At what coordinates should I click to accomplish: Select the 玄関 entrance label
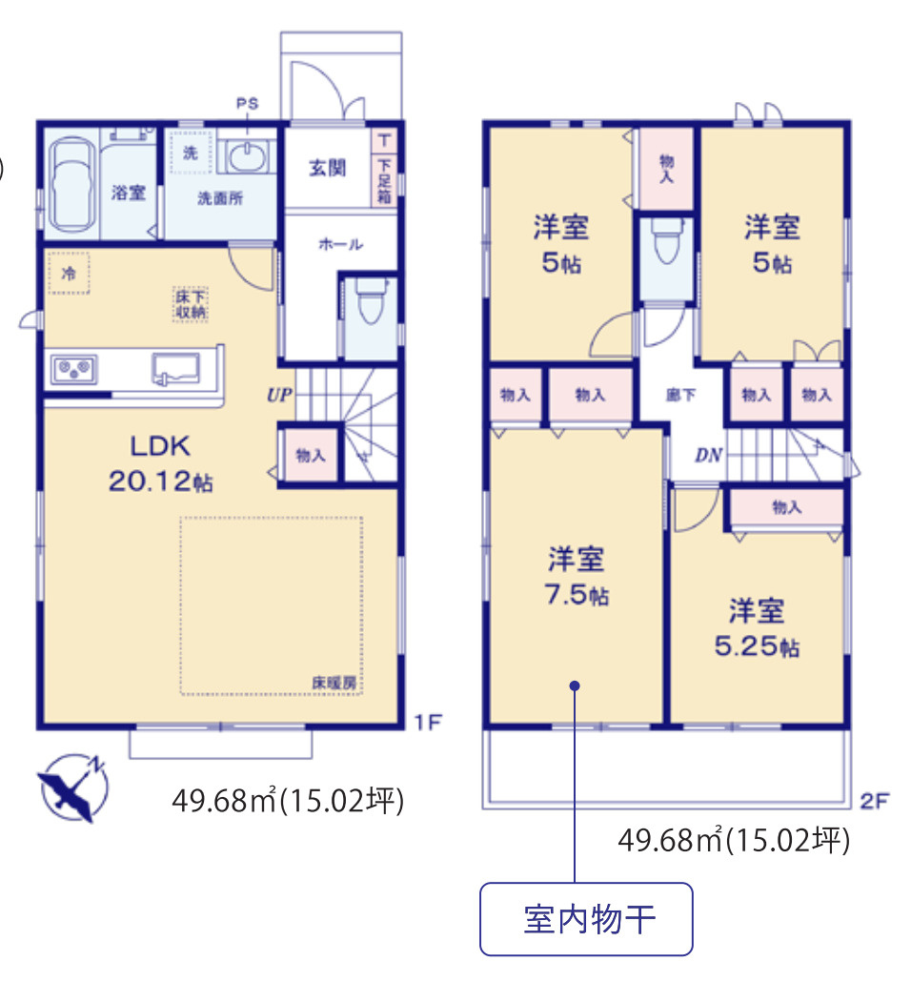click(327, 168)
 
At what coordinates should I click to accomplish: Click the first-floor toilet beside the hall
click(366, 310)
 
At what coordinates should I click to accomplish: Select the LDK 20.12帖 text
click(159, 463)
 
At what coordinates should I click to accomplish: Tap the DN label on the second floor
click(708, 456)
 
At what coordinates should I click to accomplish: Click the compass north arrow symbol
click(73, 787)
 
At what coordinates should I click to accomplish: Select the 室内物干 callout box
click(586, 920)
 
